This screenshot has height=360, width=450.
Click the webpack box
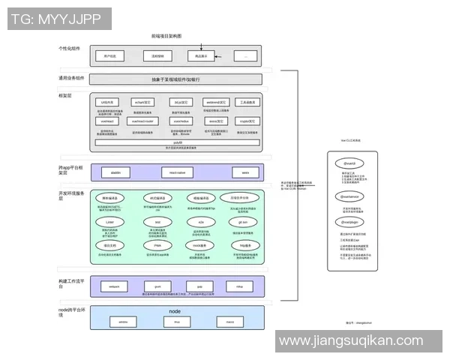pyautogui.click(x=115, y=286)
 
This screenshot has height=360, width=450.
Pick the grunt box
pyautogui.click(x=158, y=286)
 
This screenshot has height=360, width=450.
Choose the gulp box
pyautogui.click(x=199, y=286)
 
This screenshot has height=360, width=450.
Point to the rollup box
pyautogui.click(x=239, y=286)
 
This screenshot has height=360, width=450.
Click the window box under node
pyautogui.click(x=124, y=322)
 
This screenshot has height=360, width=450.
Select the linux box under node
pyautogui.click(x=177, y=322)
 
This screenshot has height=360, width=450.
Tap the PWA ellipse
pyautogui.click(x=157, y=245)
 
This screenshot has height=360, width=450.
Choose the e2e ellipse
pyautogui.click(x=200, y=222)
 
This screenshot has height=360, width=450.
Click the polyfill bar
pyautogui.click(x=178, y=142)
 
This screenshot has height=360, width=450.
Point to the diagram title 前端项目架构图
pyautogui.click(x=166, y=36)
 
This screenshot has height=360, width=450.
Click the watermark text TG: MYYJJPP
pyautogui.click(x=56, y=19)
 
